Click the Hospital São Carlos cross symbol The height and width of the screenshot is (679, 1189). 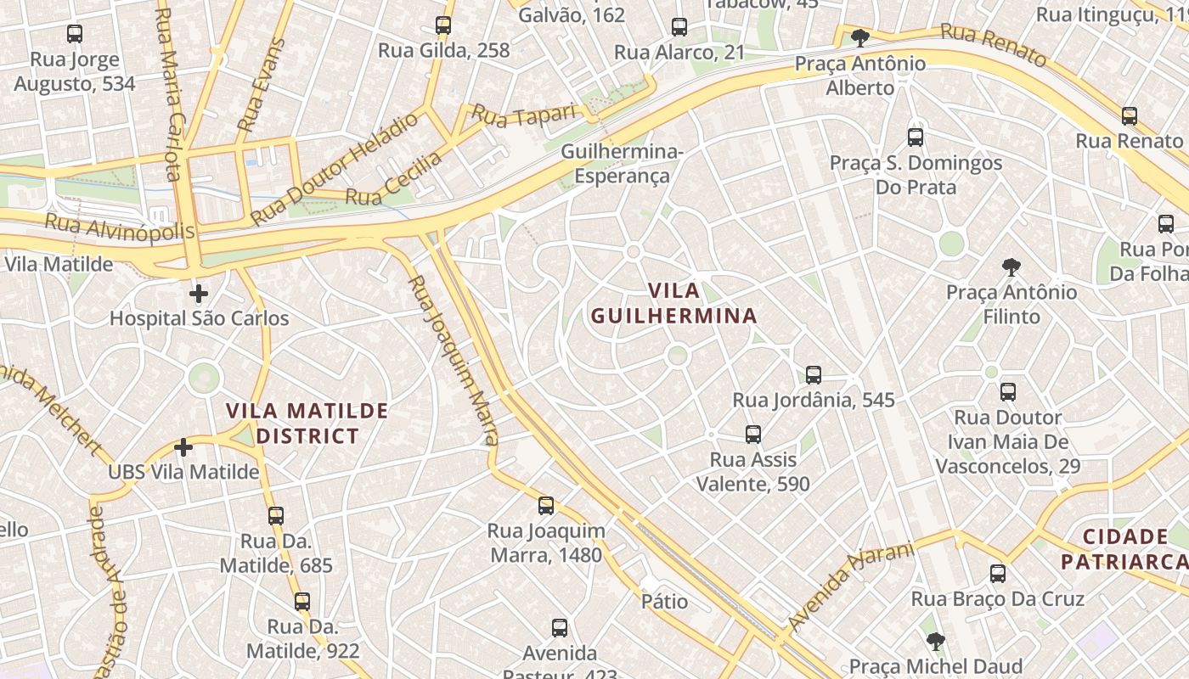point(199,295)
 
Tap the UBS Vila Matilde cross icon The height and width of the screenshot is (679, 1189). point(183,447)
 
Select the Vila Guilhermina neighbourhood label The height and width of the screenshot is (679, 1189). point(673,303)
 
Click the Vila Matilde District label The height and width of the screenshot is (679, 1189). point(307,424)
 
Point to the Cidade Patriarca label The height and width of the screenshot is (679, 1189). point(1125,549)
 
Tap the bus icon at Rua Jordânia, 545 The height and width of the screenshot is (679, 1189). point(814,374)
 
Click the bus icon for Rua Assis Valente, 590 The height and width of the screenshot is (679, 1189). point(752,435)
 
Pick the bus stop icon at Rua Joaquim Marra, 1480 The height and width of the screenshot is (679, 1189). point(546,506)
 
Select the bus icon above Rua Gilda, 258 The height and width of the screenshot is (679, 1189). point(443,25)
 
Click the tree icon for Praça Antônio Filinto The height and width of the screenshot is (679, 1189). point(1011,267)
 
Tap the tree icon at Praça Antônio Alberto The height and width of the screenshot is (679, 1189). point(860,37)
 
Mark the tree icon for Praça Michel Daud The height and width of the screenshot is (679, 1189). point(935,641)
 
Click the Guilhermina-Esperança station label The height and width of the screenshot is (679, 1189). point(623,164)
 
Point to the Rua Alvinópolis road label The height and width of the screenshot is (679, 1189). point(119,227)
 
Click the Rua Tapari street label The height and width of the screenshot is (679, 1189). point(524,113)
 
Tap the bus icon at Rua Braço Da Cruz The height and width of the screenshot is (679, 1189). point(998,574)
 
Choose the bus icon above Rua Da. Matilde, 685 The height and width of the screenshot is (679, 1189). point(276,515)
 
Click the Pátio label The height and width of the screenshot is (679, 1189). point(665,602)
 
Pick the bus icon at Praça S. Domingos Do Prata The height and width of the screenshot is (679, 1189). point(916,137)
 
